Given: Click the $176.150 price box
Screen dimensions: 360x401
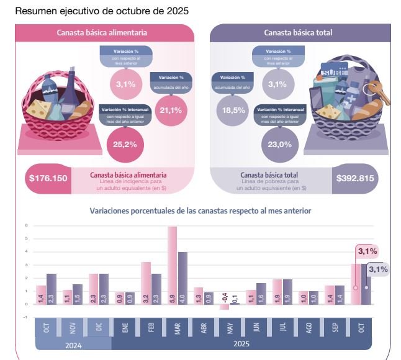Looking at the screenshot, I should coord(48,178).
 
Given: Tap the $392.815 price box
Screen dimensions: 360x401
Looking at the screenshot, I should coord(355,178).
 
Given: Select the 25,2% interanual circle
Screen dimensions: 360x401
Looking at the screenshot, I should coord(125,145).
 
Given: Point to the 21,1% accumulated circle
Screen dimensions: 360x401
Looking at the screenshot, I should coord(170,110).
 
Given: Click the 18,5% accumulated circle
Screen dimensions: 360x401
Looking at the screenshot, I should coord(232,110).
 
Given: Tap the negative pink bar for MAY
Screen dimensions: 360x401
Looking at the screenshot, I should coord(225,307).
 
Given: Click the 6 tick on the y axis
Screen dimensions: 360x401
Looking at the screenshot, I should coord(27,226).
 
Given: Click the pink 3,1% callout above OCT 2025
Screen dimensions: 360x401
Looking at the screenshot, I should coord(367,251).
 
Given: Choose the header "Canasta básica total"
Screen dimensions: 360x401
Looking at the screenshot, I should coord(298,33).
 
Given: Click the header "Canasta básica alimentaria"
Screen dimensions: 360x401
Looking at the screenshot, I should coord(102,33).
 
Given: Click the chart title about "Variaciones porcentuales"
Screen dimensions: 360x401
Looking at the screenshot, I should coord(200,211).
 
